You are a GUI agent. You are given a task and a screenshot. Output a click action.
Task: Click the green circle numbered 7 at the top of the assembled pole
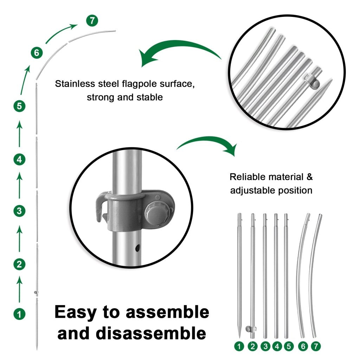click(92, 20)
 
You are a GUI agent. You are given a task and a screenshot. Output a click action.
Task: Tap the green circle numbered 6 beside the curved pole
click(36, 53)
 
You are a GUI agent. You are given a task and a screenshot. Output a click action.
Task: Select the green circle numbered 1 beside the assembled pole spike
click(19, 313)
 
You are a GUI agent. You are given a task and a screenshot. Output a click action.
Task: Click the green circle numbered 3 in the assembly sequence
click(19, 211)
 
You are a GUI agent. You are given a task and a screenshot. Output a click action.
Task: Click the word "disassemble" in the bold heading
click(132, 333)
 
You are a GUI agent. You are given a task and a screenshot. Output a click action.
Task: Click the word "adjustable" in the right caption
click(253, 191)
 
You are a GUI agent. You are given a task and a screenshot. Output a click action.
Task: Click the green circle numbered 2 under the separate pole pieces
click(252, 346)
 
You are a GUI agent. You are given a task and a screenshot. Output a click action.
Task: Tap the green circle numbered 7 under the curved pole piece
click(316, 346)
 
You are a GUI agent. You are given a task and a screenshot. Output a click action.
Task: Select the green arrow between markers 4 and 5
click(20, 134)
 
